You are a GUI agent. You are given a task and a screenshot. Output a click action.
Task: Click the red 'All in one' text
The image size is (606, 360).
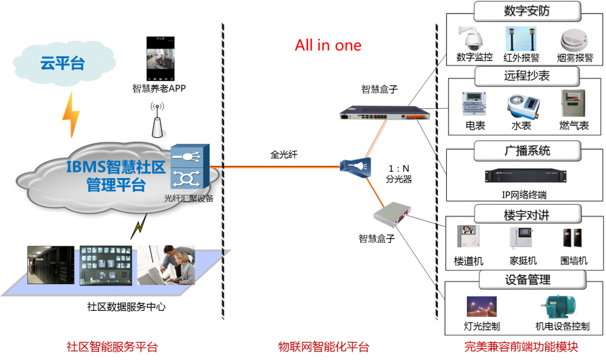point(328,45)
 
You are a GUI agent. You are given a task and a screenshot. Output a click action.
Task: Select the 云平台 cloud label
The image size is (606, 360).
point(62,63)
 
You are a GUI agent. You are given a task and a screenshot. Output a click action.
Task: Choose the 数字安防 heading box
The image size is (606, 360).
point(527,11)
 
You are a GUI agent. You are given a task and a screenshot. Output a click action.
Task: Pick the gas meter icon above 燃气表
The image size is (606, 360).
point(573,103)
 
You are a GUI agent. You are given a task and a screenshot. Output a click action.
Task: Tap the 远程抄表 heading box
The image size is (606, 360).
point(527,76)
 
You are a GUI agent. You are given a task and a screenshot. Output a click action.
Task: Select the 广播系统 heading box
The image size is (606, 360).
point(527,150)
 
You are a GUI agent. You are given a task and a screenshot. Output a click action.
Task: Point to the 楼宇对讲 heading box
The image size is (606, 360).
point(527,215)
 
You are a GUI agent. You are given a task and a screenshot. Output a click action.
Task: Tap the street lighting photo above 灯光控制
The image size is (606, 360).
point(481,307)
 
